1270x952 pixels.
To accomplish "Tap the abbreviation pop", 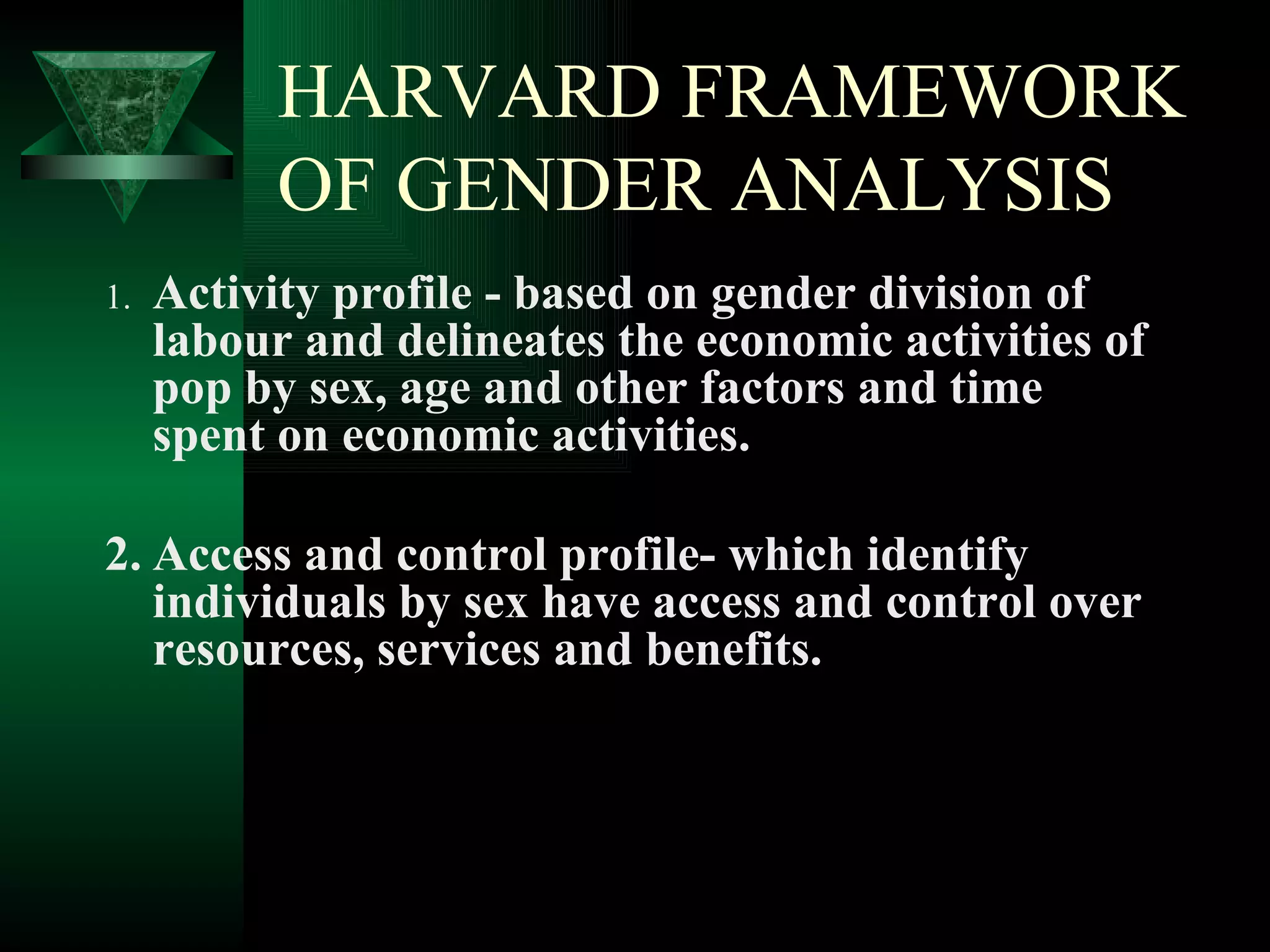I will (x=191, y=390).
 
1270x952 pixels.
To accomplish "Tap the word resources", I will (x=258, y=651).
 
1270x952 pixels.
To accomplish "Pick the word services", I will (x=459, y=651).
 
